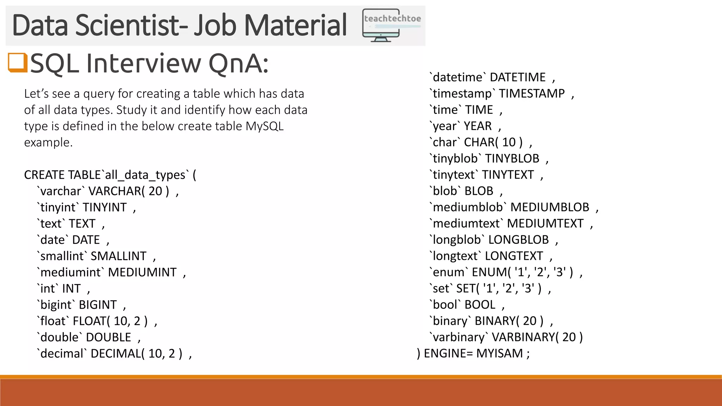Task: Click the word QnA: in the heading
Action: [238, 63]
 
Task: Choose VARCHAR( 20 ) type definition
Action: [129, 191]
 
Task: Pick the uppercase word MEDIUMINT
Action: [142, 272]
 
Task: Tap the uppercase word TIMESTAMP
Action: [532, 94]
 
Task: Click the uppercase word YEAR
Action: [477, 126]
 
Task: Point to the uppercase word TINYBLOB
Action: [512, 159]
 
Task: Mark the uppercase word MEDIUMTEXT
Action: [545, 223]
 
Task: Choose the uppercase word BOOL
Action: [480, 305]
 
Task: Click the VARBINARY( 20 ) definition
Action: [537, 337]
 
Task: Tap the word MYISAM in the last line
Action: [500, 353]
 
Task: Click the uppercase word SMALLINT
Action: [118, 256]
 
